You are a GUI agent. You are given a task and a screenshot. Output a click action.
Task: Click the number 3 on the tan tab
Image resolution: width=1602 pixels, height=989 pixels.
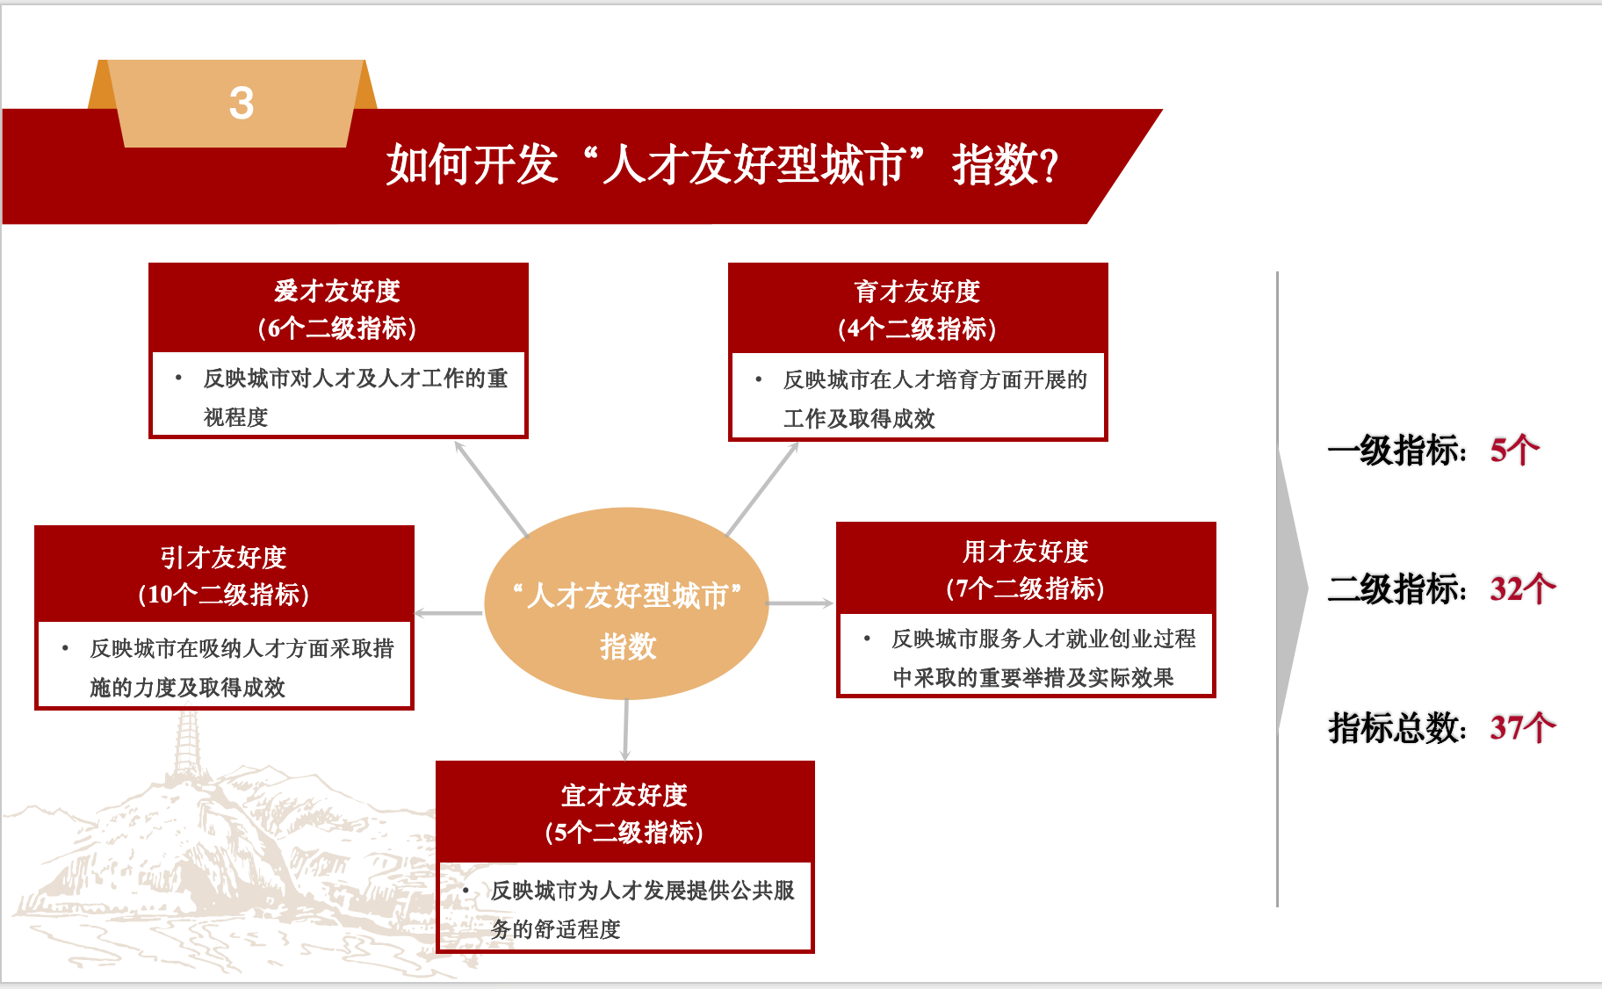pyautogui.click(x=242, y=103)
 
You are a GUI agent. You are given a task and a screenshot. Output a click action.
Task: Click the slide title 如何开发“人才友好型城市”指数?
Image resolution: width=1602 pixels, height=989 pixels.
pyautogui.click(x=722, y=164)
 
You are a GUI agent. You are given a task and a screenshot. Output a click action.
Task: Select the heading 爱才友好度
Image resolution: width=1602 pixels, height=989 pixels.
pyautogui.click(x=337, y=291)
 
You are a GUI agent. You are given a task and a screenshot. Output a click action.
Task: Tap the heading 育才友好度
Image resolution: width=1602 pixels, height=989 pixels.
pyautogui.click(x=917, y=292)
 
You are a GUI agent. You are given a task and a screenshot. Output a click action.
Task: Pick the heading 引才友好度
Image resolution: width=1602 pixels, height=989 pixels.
pyautogui.click(x=223, y=557)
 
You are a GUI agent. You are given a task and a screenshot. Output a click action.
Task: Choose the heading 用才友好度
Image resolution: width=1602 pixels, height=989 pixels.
pyautogui.click(x=1025, y=552)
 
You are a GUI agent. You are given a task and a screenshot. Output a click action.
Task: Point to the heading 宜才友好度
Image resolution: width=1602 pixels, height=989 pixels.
pyautogui.click(x=624, y=795)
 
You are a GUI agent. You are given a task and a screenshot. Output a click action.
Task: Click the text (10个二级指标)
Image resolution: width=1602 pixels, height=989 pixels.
pyautogui.click(x=223, y=595)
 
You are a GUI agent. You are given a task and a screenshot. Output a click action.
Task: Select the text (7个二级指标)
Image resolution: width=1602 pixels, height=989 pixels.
pyautogui.click(x=1025, y=588)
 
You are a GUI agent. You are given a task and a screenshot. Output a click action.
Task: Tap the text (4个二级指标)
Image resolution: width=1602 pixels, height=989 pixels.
pyautogui.click(x=917, y=328)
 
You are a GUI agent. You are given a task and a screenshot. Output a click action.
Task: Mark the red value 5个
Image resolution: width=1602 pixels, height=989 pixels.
pyautogui.click(x=1514, y=451)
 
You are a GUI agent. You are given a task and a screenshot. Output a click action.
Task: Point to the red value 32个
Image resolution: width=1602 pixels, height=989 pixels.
pyautogui.click(x=1522, y=588)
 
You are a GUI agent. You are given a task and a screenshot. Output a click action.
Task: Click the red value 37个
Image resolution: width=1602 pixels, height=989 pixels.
pyautogui.click(x=1522, y=727)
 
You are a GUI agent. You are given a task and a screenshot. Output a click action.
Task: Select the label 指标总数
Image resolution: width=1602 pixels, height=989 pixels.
pyautogui.click(x=1395, y=728)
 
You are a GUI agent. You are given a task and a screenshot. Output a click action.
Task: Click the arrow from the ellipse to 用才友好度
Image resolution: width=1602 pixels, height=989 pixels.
pyautogui.click(x=800, y=603)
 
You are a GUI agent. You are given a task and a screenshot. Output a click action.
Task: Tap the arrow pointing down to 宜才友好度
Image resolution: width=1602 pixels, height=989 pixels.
pyautogui.click(x=625, y=729)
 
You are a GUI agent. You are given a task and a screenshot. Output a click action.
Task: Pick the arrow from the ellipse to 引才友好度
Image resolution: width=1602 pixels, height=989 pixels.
pyautogui.click(x=448, y=612)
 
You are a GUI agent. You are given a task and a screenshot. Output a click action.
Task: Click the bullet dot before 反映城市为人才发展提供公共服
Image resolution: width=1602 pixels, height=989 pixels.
pyautogui.click(x=465, y=891)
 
